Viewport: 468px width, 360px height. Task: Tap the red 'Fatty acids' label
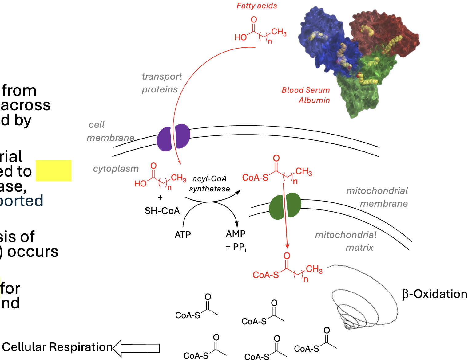[x=257, y=6]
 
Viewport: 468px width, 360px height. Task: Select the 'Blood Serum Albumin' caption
[x=306, y=95]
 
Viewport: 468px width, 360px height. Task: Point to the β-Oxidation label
[x=434, y=294]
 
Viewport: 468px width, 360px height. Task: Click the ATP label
[x=183, y=235]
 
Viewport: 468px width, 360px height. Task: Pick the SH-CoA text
[x=162, y=211]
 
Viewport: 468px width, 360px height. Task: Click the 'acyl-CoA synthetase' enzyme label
[x=210, y=184]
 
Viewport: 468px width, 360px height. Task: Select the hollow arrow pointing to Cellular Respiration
[x=137, y=348]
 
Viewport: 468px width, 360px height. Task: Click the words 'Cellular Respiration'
[x=58, y=347]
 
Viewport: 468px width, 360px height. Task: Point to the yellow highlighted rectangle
[x=54, y=170]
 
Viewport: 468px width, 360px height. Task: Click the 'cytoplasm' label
[x=116, y=169]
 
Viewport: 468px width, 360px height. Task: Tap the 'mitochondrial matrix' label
[x=346, y=241]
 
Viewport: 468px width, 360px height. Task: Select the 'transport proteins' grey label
[x=162, y=83]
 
